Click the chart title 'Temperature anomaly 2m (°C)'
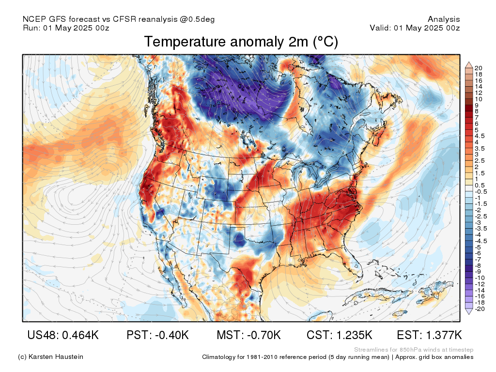point(241,42)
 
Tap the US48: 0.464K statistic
point(63,335)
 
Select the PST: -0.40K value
point(157,335)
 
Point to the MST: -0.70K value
point(248,335)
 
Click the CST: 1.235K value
point(340,335)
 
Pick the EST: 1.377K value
point(429,335)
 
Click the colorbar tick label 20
point(478,68)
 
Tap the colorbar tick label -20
point(480,309)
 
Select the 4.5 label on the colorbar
point(480,136)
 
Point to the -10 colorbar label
point(480,278)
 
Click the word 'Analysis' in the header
point(444,19)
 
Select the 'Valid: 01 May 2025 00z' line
point(415,28)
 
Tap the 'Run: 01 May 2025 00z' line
point(66,28)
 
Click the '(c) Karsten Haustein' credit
point(50,357)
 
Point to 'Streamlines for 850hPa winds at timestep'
point(414,350)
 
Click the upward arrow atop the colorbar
point(469,65)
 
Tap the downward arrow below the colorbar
point(469,311)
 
